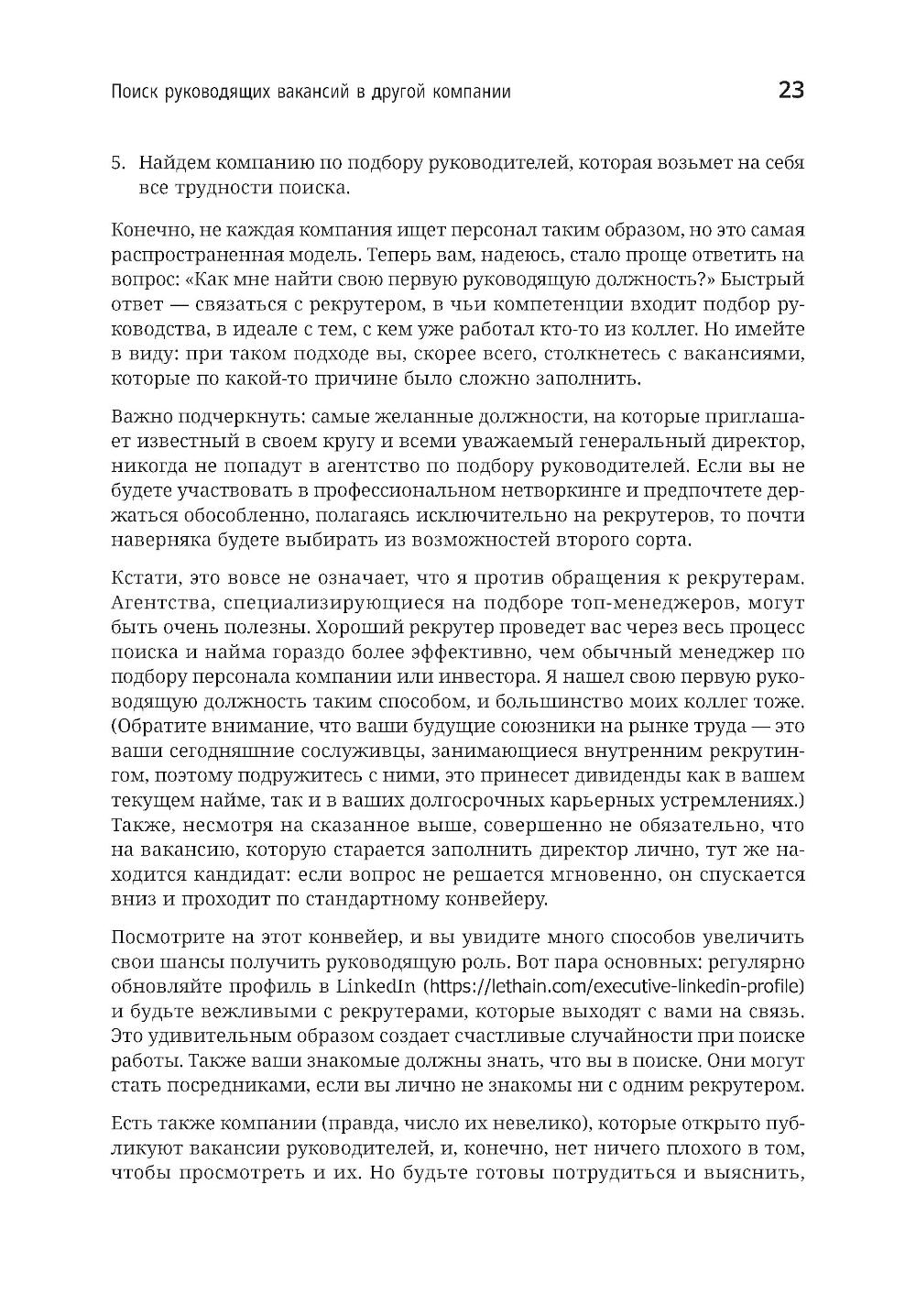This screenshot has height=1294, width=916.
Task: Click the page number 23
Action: point(791,90)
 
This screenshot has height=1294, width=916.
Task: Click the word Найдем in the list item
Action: point(172,164)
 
